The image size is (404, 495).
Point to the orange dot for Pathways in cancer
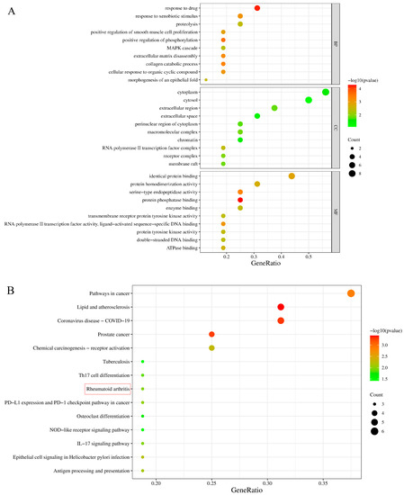(x=351, y=293)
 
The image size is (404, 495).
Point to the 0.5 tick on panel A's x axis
(x=309, y=255)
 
